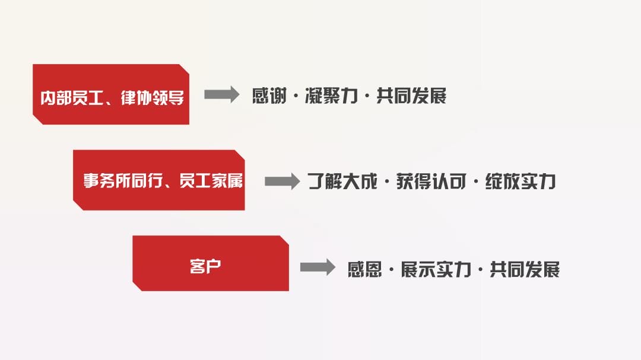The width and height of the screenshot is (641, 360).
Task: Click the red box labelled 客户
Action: click(x=211, y=263)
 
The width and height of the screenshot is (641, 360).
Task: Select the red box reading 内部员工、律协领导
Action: click(x=111, y=94)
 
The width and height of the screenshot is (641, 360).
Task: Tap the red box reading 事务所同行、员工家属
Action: click(x=159, y=180)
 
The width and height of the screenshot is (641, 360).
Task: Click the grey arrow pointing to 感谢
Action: click(x=221, y=95)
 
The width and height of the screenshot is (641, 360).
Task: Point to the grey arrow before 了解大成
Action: click(x=283, y=181)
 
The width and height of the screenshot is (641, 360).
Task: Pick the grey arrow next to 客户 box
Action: click(x=318, y=267)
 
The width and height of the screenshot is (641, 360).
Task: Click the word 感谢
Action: click(x=269, y=96)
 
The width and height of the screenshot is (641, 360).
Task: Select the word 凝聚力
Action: click(x=331, y=96)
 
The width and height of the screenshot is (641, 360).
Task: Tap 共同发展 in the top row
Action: click(x=411, y=96)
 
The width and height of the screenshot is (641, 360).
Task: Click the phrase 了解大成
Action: click(x=342, y=181)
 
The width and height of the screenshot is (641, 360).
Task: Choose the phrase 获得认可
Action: click(x=431, y=181)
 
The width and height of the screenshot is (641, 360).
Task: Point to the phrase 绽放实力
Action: click(x=521, y=181)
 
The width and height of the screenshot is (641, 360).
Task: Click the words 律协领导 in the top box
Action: click(x=152, y=98)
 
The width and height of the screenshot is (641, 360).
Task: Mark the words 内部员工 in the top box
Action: click(x=72, y=98)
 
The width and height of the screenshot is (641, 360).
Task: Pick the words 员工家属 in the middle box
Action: click(x=211, y=181)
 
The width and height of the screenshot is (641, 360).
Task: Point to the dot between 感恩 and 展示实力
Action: click(x=391, y=270)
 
